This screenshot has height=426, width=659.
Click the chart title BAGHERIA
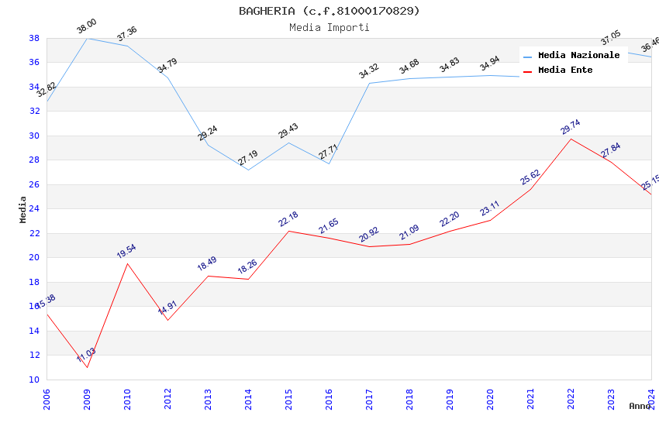(x=329, y=11)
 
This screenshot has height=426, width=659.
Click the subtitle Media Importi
(x=329, y=27)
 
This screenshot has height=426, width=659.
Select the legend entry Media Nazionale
(x=578, y=55)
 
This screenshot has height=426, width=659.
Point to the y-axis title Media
(x=23, y=209)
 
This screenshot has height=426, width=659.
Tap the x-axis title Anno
(x=640, y=406)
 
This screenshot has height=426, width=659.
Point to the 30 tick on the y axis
(x=34, y=136)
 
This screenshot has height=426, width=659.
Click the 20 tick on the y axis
(x=34, y=257)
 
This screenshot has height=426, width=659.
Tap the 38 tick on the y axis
(x=34, y=38)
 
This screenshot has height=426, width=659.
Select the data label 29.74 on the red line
(x=571, y=127)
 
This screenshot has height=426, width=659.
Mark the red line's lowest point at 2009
(x=87, y=367)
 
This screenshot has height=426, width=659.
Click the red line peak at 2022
(x=571, y=139)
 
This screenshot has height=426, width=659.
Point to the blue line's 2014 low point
(x=248, y=170)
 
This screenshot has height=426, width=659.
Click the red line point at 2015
(x=288, y=231)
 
